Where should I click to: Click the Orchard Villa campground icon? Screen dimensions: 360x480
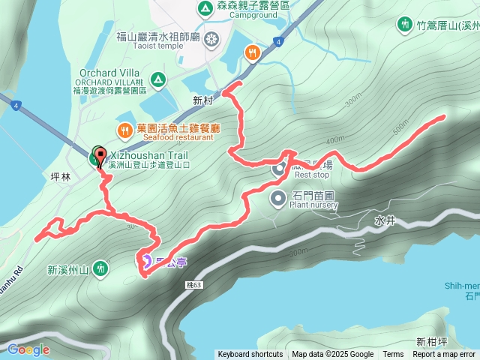(x=158, y=79)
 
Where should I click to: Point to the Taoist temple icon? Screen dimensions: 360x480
(x=213, y=37)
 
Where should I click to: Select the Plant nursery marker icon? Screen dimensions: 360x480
(x=278, y=199)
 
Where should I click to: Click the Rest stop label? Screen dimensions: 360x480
(x=312, y=175)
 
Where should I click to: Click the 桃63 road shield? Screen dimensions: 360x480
(x=193, y=285)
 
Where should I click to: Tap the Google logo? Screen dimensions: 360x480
(x=28, y=349)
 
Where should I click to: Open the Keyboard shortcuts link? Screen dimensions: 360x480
(x=250, y=355)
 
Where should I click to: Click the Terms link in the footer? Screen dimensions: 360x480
(x=393, y=355)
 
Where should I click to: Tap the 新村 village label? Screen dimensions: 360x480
(x=202, y=100)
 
